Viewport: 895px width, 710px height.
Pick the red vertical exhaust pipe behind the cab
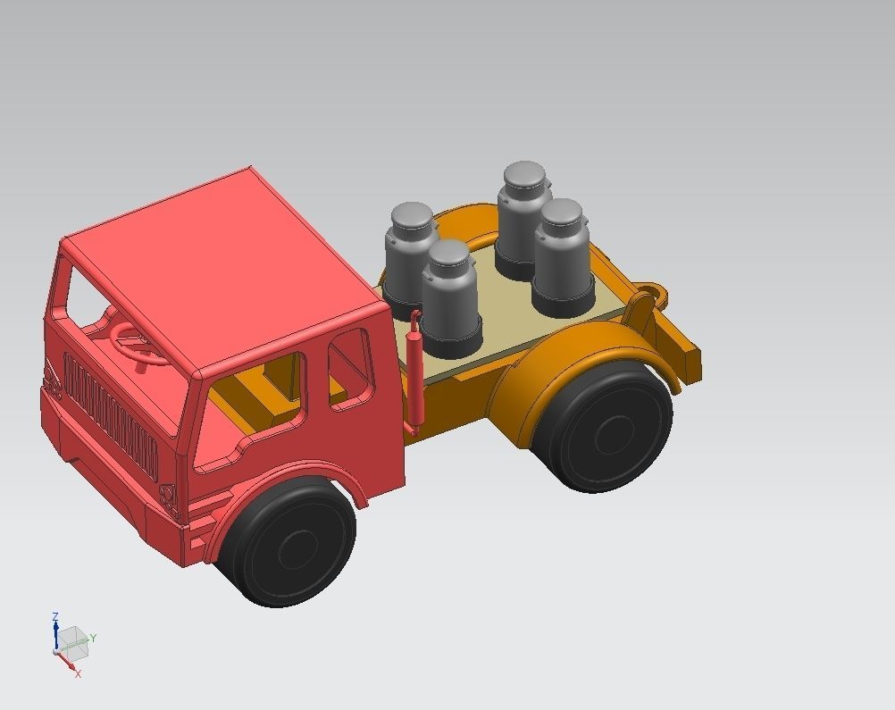point(414,375)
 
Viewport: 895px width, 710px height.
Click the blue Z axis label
point(55,616)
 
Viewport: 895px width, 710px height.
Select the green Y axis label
point(93,638)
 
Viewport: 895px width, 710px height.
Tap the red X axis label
point(78,673)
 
